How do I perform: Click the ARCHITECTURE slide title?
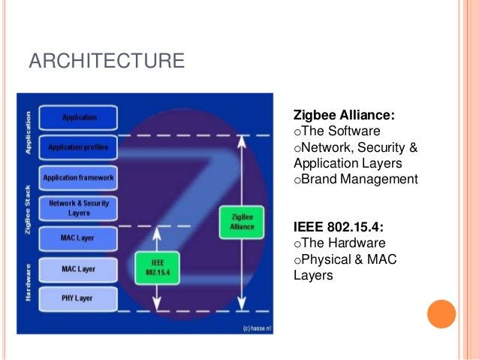click(106, 60)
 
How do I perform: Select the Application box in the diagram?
click(79, 118)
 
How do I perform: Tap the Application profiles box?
click(79, 147)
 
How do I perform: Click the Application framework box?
click(79, 177)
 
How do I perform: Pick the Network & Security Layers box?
click(79, 208)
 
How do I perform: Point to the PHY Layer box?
click(79, 298)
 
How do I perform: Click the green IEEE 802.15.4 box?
click(156, 268)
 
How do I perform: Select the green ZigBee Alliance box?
click(242, 221)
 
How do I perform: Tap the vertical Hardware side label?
click(28, 282)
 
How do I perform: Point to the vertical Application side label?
click(28, 134)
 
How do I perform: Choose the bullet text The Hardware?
click(339, 243)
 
